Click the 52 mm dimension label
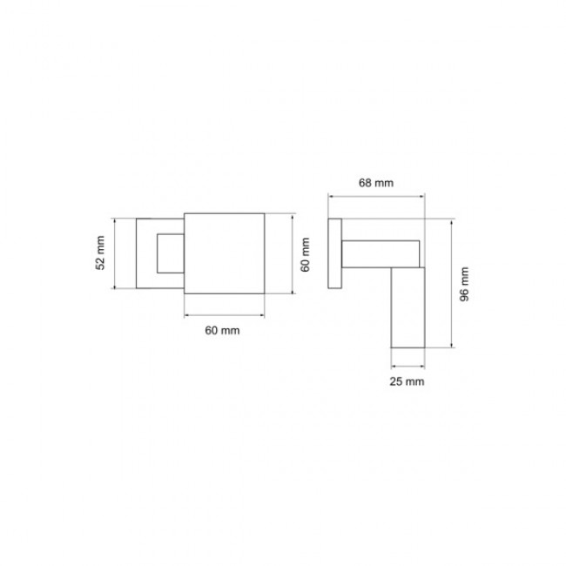(100, 253)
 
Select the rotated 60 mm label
(305, 254)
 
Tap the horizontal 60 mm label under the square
(222, 330)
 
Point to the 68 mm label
(376, 183)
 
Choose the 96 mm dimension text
(464, 284)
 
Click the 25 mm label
(407, 381)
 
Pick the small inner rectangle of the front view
(158, 253)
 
